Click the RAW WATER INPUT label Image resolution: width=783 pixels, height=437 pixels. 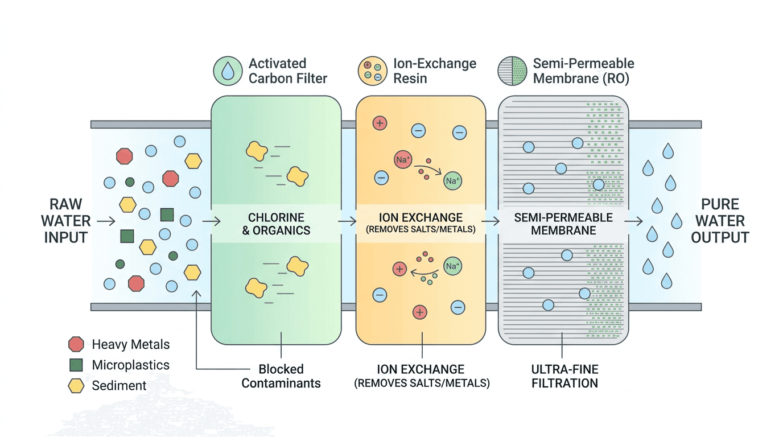[66, 221]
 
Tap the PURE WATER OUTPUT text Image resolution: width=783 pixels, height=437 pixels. [720, 221]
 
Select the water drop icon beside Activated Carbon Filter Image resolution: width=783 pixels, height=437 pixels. [228, 71]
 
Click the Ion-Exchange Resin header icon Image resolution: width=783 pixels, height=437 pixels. [372, 71]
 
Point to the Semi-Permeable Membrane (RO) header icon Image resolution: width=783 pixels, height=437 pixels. [512, 71]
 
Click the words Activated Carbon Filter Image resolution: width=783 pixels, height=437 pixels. [287, 71]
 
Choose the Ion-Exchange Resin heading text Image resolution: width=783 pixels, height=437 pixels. [435, 71]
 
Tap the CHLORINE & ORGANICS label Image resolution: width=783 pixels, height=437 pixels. [276, 224]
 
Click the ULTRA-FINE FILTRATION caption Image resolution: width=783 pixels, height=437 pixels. [564, 376]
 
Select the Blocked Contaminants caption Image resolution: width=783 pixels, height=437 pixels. [281, 376]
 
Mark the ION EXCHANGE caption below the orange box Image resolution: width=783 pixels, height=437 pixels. [422, 376]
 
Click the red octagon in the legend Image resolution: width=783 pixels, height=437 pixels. [76, 344]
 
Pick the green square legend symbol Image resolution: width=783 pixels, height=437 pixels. [76, 365]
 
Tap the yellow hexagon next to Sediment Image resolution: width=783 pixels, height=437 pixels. [76, 386]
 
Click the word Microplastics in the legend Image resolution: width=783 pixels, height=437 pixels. [130, 365]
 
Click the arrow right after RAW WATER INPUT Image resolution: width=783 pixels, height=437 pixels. [106, 221]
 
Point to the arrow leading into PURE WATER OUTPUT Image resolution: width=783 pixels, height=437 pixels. [634, 221]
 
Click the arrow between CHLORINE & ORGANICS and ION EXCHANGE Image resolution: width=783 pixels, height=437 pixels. [346, 221]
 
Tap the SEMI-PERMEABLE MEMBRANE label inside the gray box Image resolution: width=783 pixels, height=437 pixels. [563, 224]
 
